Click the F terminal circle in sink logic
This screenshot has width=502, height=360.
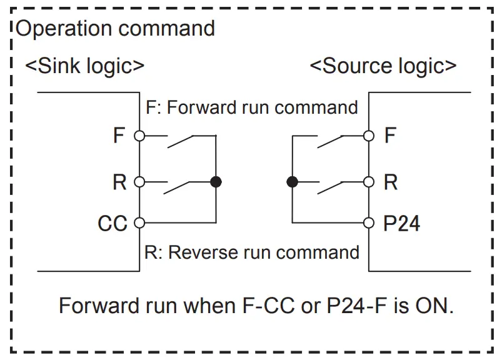pos(139,136)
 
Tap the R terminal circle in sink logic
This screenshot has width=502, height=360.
pos(139,182)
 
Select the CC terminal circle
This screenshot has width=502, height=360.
pos(139,222)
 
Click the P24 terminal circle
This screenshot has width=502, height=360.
pos(369,222)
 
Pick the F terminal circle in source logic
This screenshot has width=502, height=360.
pos(369,136)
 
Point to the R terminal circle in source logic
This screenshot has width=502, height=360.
pos(369,182)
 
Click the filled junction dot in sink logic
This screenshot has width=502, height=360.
pos(216,182)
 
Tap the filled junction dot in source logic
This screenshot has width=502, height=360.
pos(293,182)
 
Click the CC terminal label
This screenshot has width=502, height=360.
pos(113,223)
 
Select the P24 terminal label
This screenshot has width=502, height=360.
pos(402,223)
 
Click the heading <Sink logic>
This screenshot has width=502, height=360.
pos(85,66)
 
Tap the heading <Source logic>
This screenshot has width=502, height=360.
pos(383,66)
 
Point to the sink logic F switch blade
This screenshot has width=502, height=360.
pos(180,142)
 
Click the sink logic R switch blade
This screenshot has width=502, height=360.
pos(177,188)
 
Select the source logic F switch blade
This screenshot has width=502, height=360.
pos(330,142)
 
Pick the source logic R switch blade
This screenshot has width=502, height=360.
pos(330,188)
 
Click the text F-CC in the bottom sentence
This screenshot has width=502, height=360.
pos(268,306)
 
